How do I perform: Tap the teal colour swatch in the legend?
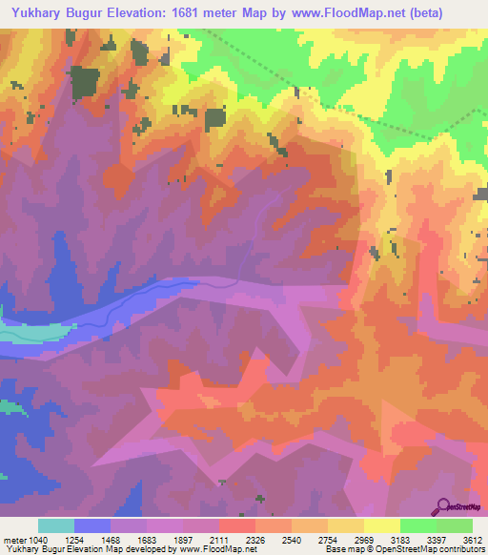tap(55, 525)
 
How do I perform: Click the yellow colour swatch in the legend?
tap(381, 525)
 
